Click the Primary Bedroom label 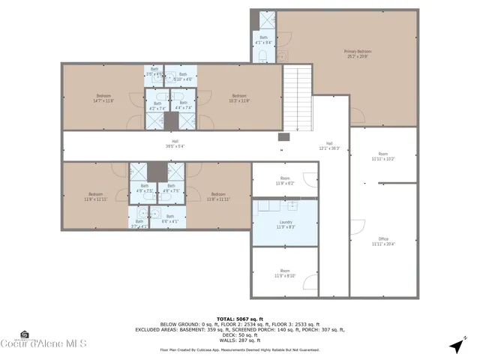(x=358, y=53)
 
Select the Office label (x=383, y=241)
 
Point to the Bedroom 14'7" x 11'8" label (x=103, y=97)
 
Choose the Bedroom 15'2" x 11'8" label (x=239, y=97)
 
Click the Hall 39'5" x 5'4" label (x=175, y=144)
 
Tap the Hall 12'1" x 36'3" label (x=329, y=145)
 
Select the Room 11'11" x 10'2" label (x=383, y=157)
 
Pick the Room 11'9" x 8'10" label (x=285, y=272)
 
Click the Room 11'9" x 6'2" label (x=285, y=181)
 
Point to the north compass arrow (x=455, y=346)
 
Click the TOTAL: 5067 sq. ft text (x=240, y=318)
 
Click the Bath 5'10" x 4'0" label (x=183, y=76)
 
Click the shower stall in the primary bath (x=267, y=20)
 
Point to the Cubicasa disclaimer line (x=240, y=349)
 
